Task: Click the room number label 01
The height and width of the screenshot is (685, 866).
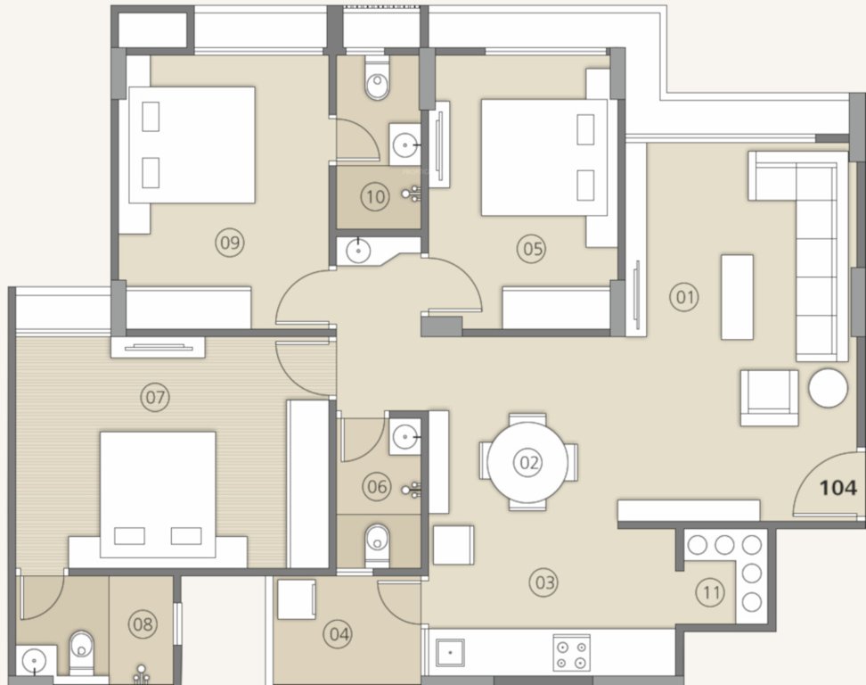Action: click(684, 297)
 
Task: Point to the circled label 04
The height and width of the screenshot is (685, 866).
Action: click(339, 635)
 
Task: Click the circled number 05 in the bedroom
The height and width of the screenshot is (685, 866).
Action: click(533, 248)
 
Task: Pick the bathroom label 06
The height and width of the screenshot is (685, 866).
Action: click(377, 486)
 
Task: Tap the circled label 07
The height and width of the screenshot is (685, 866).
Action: click(155, 397)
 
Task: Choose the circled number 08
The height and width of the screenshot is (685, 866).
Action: click(143, 624)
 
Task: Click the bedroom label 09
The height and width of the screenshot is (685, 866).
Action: click(230, 242)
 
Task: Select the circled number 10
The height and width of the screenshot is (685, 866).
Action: click(375, 197)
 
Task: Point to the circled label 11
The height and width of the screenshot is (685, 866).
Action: click(710, 591)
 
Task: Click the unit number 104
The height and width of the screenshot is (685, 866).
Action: click(838, 488)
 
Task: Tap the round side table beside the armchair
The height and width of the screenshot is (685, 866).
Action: click(829, 388)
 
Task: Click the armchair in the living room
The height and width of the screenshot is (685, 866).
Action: click(769, 397)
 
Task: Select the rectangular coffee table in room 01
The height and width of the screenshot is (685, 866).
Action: click(737, 297)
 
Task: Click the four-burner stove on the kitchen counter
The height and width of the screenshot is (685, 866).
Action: click(571, 652)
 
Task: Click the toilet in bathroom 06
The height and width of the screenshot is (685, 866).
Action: click(378, 538)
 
